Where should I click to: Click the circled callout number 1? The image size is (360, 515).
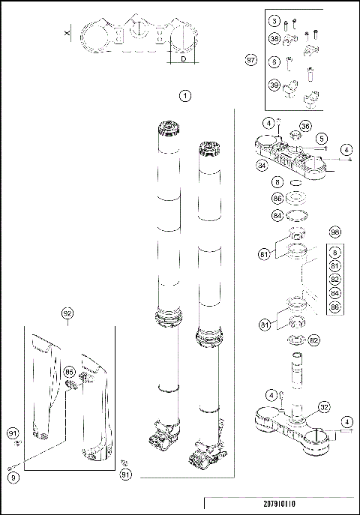pos(185,95)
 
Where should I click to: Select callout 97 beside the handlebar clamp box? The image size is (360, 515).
pos(251,59)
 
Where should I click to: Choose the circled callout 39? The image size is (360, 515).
pos(274,85)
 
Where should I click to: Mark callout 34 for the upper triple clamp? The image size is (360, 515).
pos(262,164)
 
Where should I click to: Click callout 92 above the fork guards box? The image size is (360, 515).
pos(67,313)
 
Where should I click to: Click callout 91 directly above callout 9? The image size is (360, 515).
pos(11,433)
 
